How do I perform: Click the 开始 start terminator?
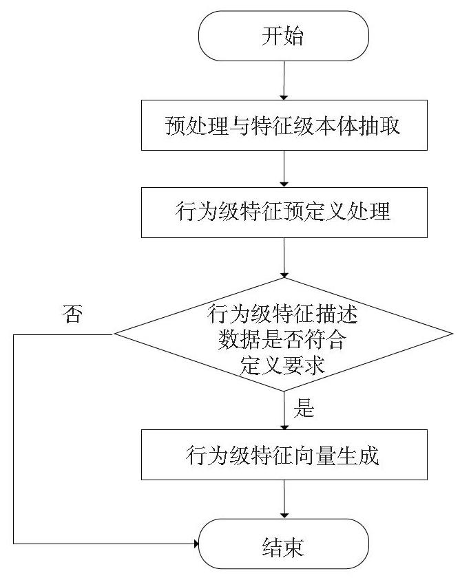point(284,36)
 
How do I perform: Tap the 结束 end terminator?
point(284,544)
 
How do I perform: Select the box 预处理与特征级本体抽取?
point(284,125)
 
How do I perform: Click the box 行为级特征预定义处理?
point(284,213)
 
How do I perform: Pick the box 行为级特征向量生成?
point(284,455)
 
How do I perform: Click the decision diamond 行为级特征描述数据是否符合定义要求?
point(284,334)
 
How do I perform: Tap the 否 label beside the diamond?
point(72,314)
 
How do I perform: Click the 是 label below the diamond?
point(304,409)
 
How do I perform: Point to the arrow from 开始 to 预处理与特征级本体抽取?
point(284,80)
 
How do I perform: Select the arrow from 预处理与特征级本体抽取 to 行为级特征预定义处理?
point(284,169)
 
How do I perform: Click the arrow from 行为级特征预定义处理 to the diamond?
point(284,258)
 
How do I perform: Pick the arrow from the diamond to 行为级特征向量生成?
point(284,410)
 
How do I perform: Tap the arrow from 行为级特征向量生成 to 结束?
point(284,500)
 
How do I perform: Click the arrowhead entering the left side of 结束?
point(196,544)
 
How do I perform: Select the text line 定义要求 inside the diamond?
point(282,365)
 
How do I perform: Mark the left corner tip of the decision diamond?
point(114,334)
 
